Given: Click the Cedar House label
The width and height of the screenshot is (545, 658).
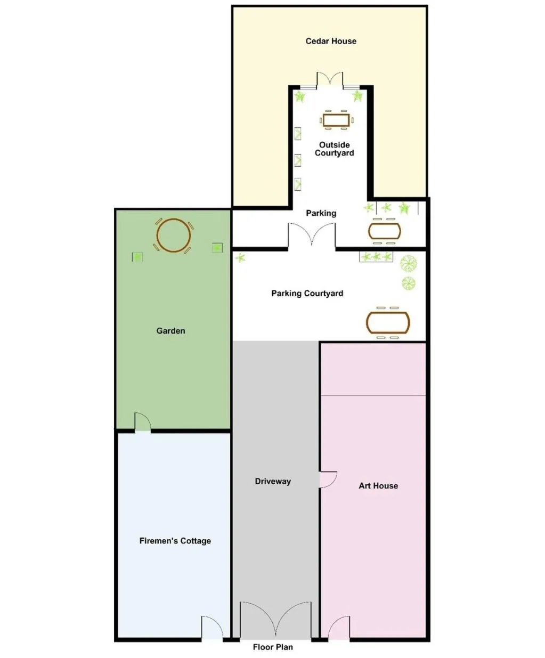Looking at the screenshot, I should click(331, 41).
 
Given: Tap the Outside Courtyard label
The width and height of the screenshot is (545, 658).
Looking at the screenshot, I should click(334, 149).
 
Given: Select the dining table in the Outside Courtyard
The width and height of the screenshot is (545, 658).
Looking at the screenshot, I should click(336, 120).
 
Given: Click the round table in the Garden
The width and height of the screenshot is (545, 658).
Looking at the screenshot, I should click(173, 235).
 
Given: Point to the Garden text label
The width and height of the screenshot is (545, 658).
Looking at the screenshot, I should click(170, 331).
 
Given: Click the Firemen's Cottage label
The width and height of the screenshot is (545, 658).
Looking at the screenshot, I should click(175, 541).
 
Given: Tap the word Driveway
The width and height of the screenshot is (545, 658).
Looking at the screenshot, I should click(273, 481).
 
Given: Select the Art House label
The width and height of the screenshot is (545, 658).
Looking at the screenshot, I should click(378, 486).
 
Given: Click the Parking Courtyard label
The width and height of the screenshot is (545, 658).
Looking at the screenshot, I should click(307, 294).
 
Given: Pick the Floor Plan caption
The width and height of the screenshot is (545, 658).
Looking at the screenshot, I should click(273, 647).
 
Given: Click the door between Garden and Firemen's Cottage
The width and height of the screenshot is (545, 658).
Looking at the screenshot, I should click(142, 423).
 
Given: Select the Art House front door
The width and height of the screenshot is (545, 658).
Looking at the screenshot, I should click(339, 628).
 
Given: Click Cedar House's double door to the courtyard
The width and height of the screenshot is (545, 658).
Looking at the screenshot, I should click(330, 79).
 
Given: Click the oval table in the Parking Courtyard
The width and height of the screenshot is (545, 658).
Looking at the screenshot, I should click(388, 322).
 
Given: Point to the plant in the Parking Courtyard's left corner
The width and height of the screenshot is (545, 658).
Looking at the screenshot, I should click(240, 258).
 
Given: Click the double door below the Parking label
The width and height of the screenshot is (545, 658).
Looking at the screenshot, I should click(312, 235).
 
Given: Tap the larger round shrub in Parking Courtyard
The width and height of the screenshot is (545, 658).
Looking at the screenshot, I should click(409, 263).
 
